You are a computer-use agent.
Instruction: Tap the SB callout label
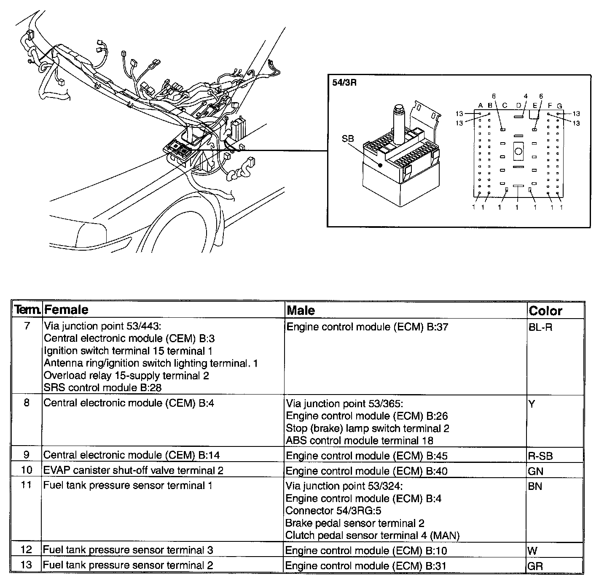click(348, 138)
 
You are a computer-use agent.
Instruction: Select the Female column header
click(66, 310)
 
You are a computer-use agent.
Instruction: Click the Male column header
click(301, 311)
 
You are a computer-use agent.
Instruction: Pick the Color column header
click(545, 311)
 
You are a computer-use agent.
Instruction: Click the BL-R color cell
click(540, 327)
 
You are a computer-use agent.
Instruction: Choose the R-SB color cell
click(540, 456)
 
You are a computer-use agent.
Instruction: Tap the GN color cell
click(535, 471)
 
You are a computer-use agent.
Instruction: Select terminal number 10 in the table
click(26, 470)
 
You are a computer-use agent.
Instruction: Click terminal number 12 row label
click(26, 550)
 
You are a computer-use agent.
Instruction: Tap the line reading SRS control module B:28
click(102, 387)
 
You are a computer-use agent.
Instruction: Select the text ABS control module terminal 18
click(360, 441)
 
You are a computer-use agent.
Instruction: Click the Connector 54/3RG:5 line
click(333, 511)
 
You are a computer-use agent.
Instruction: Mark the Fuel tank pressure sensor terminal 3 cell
click(128, 550)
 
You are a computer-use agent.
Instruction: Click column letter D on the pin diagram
click(518, 105)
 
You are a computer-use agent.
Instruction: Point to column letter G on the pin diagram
click(559, 105)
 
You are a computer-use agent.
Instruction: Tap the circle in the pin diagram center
click(518, 151)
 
